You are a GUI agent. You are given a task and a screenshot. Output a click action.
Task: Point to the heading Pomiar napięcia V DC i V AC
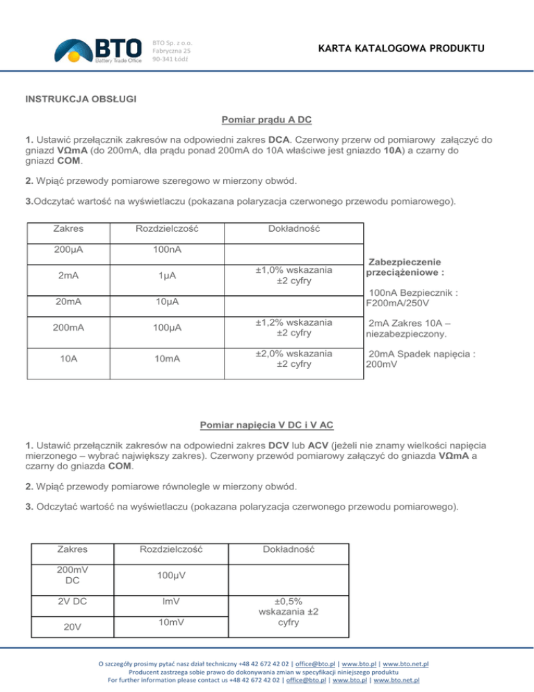click(x=266, y=423)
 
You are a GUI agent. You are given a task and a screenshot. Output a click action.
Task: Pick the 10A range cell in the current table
click(x=68, y=358)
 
